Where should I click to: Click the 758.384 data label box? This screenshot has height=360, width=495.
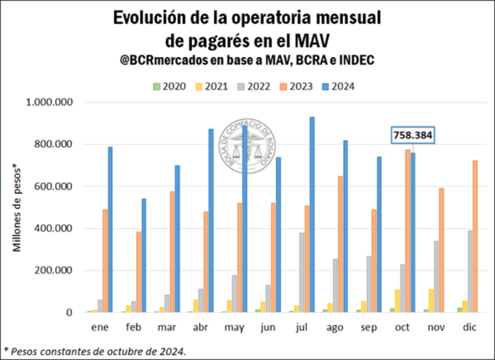(412, 135)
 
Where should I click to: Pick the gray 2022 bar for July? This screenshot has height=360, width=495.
(301, 272)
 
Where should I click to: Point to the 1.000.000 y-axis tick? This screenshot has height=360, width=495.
(50, 102)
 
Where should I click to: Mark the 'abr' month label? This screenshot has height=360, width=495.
(200, 328)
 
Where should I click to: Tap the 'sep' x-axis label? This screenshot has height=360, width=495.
(367, 328)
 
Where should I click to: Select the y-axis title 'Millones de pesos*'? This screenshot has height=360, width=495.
(18, 208)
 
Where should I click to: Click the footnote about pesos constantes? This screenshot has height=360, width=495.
(94, 351)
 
